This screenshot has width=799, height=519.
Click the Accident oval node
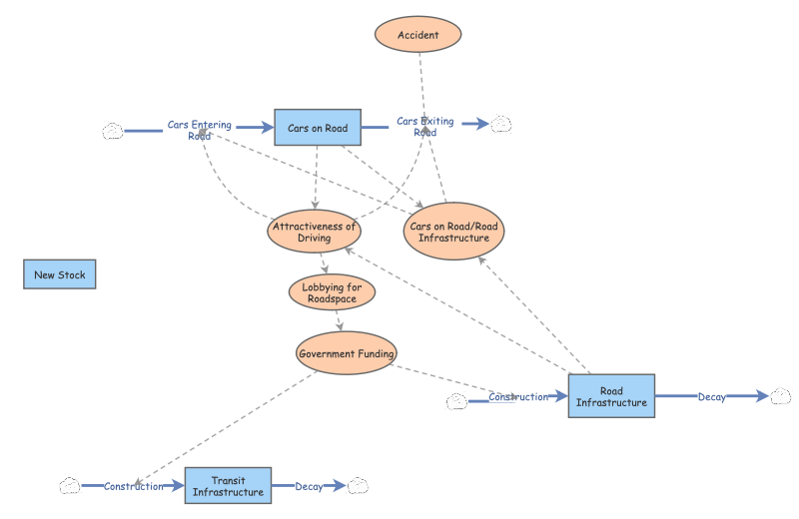point(418,35)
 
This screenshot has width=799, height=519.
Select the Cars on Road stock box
point(318,128)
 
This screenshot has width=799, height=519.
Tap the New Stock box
point(60,274)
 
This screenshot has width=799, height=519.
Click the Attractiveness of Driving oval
point(314,232)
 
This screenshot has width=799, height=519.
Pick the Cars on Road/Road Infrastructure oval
point(453,232)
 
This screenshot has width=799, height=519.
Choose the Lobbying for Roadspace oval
point(333,292)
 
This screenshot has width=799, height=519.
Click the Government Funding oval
point(347,352)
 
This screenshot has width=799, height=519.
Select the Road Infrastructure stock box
point(611,396)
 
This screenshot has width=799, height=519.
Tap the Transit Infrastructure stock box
point(228,486)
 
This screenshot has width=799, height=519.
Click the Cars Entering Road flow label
point(200,130)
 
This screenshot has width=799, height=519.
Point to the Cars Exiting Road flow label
point(424,126)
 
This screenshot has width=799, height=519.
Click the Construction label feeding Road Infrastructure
point(518,397)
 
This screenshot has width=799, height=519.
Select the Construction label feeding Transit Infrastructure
point(133,486)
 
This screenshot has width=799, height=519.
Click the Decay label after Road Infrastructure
point(712,397)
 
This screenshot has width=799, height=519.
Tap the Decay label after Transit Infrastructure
point(309,486)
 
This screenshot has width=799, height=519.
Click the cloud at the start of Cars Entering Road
point(113,130)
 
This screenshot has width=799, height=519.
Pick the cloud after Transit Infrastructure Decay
point(358,486)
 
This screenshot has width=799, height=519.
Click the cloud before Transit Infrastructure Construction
point(69,486)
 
